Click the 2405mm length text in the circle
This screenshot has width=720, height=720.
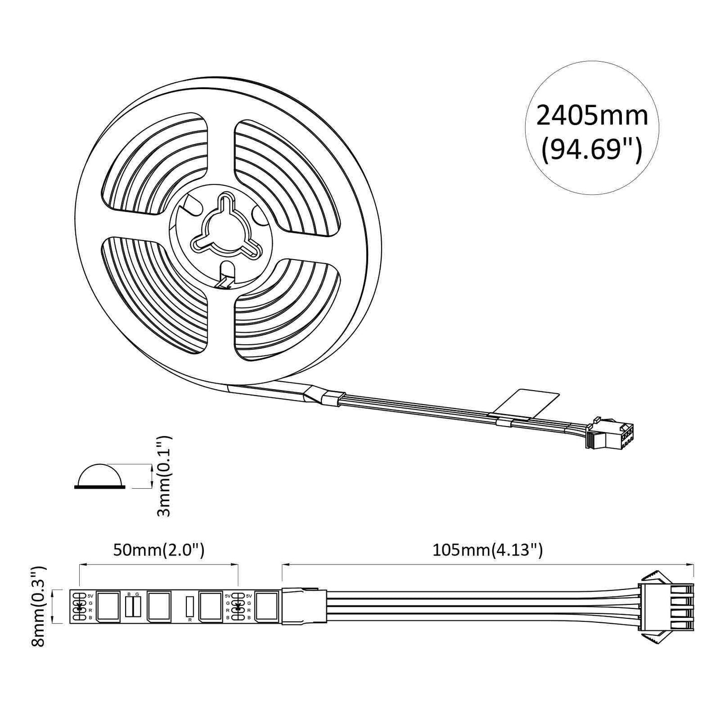pyautogui.click(x=591, y=116)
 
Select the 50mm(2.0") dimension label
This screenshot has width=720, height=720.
pyautogui.click(x=158, y=550)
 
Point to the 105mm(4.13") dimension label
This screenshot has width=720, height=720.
pyautogui.click(x=487, y=550)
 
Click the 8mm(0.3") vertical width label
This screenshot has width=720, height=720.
pyautogui.click(x=38, y=606)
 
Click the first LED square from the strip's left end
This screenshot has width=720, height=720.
pyautogui.click(x=108, y=606)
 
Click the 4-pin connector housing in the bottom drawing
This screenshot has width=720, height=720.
pyautogui.click(x=667, y=606)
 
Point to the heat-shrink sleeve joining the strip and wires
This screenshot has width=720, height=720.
pyautogui.click(x=303, y=606)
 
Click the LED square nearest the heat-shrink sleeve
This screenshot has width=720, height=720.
pyautogui.click(x=267, y=606)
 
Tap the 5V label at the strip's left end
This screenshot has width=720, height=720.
pyautogui.click(x=90, y=595)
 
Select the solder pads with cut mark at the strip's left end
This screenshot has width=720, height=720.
pyautogui.click(x=78, y=606)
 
